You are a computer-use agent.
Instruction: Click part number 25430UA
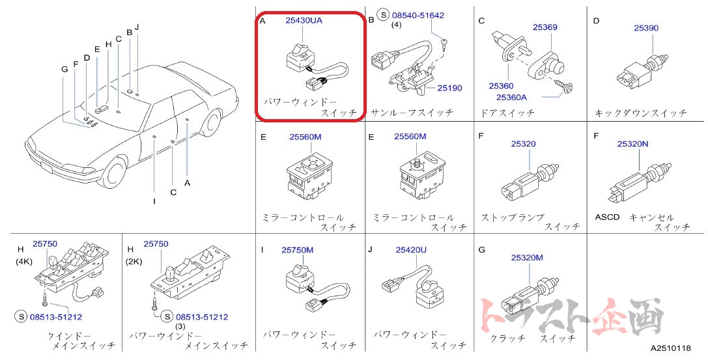[304, 20]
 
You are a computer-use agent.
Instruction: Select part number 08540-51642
[418, 15]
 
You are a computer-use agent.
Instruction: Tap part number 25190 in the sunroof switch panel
[449, 87]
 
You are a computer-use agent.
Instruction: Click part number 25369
[545, 27]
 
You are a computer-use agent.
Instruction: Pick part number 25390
[647, 27]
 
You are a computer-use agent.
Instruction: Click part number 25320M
[526, 257]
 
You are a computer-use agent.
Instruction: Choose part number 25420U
[411, 249]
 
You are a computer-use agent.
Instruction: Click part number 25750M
[297, 249]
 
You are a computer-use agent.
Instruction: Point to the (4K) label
[24, 261]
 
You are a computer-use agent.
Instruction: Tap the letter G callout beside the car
[64, 69]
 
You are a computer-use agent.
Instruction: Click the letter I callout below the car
[154, 201]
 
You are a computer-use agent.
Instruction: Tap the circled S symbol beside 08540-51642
[383, 15]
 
